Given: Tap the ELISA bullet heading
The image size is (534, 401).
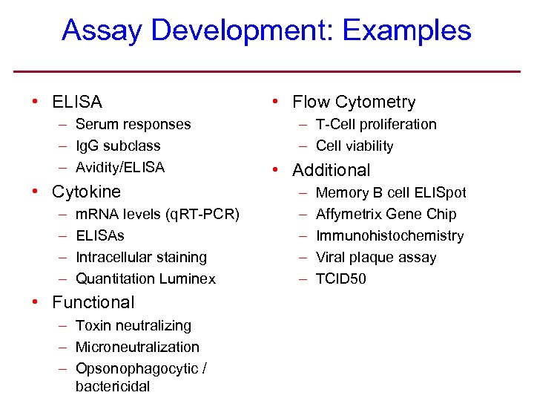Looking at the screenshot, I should [x=77, y=102].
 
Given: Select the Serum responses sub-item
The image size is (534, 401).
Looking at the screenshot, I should [x=133, y=125].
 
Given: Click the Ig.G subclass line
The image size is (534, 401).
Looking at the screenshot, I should [x=118, y=146].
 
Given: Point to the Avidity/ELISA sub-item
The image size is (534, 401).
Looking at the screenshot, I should [x=120, y=168].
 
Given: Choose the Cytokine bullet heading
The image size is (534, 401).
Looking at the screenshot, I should [x=86, y=192].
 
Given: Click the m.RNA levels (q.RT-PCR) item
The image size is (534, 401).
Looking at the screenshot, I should [x=157, y=215].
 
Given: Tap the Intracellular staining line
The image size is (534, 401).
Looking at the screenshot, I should [x=141, y=258].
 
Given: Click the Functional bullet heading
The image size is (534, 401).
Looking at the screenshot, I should [x=93, y=302].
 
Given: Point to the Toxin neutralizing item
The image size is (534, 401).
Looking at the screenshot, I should [x=133, y=326].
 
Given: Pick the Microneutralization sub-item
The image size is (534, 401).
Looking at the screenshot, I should [x=137, y=348].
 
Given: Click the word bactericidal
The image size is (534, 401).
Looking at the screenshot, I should [x=113, y=386].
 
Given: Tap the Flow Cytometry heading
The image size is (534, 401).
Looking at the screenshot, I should [x=354, y=102].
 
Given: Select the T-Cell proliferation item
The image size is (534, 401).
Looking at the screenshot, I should [x=376, y=125].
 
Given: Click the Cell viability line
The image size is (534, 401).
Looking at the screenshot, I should [x=355, y=146].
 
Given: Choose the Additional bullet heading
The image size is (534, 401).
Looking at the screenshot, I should [x=331, y=170].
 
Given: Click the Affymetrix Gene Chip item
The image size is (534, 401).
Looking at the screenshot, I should [x=386, y=215].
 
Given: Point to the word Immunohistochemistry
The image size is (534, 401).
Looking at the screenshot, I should [x=389, y=236].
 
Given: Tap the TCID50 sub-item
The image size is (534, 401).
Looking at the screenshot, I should [x=340, y=279].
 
